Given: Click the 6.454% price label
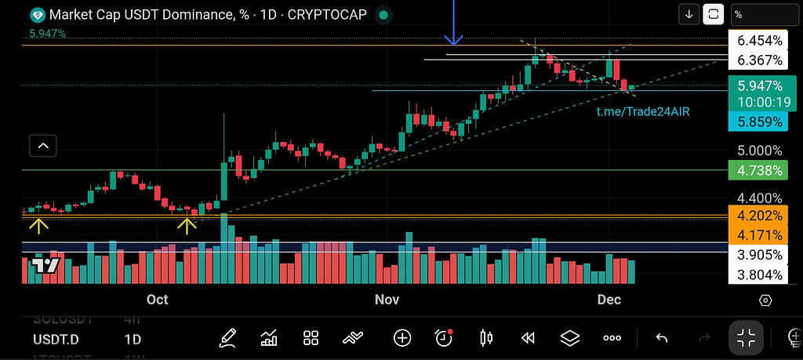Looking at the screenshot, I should tap(754, 41).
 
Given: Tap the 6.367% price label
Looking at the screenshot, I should tap(754, 60).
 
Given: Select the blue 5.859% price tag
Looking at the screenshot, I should tap(754, 122).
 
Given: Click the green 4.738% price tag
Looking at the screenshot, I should tap(754, 170).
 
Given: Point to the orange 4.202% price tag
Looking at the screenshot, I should tap(754, 216).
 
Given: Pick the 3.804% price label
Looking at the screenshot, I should tap(754, 275).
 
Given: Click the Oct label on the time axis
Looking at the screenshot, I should tap(158, 300).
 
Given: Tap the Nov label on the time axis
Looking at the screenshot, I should tap(387, 300).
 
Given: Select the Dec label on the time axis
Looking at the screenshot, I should tap(609, 300).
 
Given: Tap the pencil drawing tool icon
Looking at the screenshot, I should tap(228, 338).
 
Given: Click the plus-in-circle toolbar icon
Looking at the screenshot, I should tap(402, 338).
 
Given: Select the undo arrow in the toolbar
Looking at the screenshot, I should tap(662, 338).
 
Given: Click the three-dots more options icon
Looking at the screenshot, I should tap(612, 338).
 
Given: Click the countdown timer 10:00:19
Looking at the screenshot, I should tap(754, 102).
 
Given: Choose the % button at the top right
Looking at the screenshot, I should tap(765, 14).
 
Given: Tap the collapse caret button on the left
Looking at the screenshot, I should tap(43, 145).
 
